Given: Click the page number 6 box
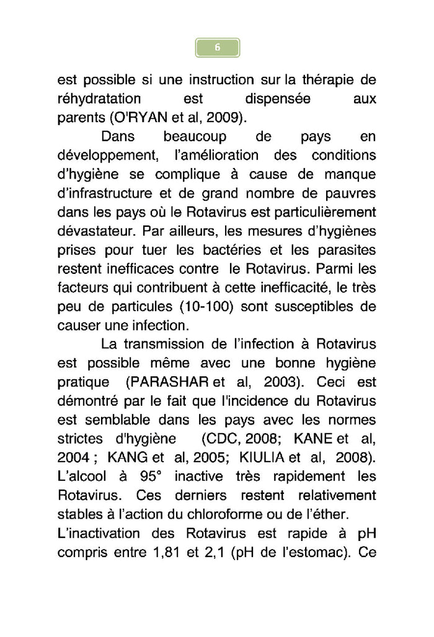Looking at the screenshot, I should (x=217, y=48).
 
